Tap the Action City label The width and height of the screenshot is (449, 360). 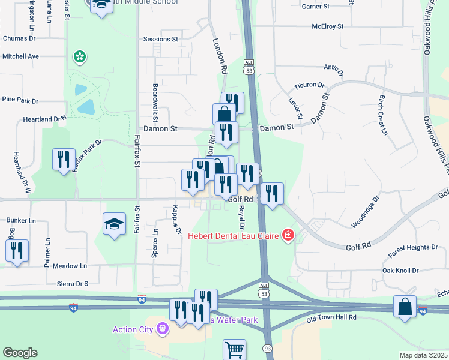[133, 329]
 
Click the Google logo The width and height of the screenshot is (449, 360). [20, 353]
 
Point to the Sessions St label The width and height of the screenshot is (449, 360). [161, 39]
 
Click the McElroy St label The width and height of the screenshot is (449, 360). [327, 26]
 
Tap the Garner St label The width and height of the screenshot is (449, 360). [316, 7]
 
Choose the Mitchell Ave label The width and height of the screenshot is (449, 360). [20, 56]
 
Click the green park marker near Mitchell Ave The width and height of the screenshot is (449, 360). [79, 57]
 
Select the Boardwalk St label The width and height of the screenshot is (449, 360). [155, 99]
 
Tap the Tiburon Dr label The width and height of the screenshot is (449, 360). [309, 85]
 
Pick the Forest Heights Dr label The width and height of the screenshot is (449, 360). [414, 247]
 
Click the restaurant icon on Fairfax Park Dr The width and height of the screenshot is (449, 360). [64, 159]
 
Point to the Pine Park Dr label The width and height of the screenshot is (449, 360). [20, 100]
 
